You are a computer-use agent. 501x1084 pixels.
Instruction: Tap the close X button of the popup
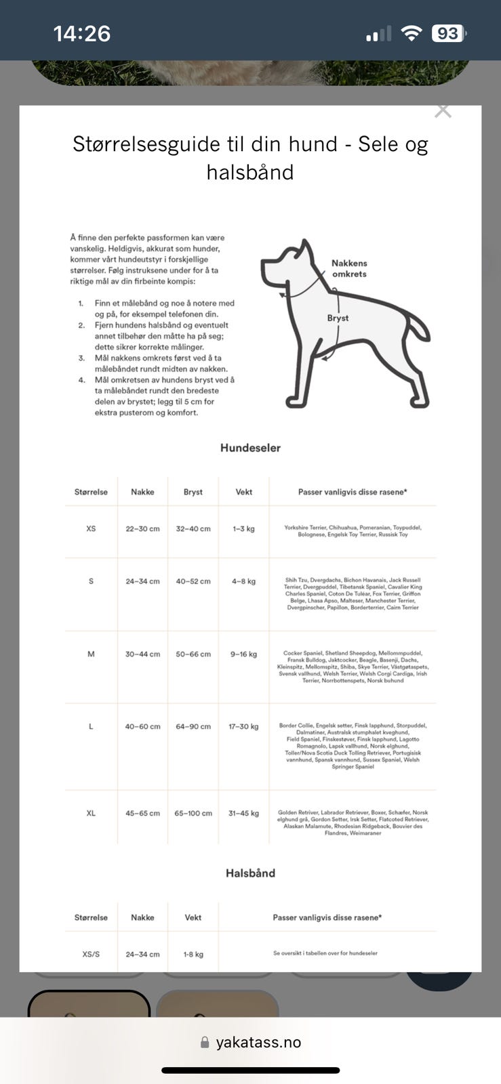tap(443, 111)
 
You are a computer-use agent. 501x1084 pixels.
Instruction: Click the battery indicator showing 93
tap(448, 33)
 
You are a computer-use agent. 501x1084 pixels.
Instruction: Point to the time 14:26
tap(81, 33)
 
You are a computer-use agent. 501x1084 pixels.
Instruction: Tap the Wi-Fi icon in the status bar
tap(411, 33)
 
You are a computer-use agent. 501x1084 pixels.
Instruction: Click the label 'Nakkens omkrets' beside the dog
tap(349, 268)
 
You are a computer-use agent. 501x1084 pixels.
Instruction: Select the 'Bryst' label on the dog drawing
tap(338, 318)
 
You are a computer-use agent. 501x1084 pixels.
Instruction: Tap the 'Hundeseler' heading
tap(250, 448)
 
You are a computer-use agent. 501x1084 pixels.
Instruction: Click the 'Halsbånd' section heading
tap(250, 873)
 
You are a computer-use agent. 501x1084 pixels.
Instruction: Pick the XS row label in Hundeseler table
tap(91, 528)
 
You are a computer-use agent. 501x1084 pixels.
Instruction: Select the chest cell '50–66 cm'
tap(193, 654)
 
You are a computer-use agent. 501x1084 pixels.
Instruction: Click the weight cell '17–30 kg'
tap(243, 726)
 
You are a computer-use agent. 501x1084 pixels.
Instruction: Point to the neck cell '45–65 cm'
tap(142, 813)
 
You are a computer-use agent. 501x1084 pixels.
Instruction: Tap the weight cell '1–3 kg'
tap(243, 528)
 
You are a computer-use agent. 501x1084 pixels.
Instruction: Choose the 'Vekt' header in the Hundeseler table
tap(243, 492)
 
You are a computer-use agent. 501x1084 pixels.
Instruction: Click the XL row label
tap(91, 813)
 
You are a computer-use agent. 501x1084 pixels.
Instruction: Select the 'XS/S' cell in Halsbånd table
tap(91, 954)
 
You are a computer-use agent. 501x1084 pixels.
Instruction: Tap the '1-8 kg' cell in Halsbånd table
tap(193, 954)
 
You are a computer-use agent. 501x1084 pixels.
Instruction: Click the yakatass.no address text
tap(258, 1043)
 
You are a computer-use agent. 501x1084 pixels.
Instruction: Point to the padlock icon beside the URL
tap(205, 1043)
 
